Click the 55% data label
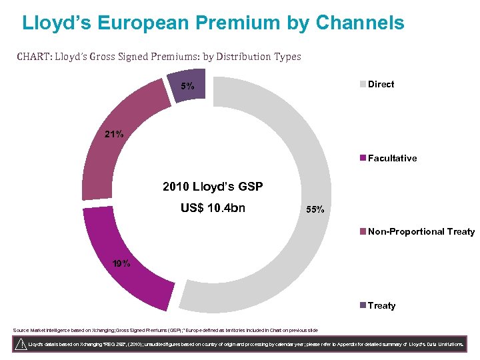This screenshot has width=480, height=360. (315, 209)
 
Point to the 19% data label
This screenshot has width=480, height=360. (121, 263)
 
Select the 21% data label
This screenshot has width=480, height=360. (113, 134)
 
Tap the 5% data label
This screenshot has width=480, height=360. (188, 86)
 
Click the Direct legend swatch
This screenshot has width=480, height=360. (363, 84)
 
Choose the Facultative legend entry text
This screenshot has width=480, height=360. (392, 158)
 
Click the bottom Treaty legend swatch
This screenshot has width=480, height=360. (363, 305)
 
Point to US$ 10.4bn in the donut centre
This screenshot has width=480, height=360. (213, 208)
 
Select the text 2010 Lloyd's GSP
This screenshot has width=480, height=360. (213, 187)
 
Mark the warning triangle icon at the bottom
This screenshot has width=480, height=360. (21, 344)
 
